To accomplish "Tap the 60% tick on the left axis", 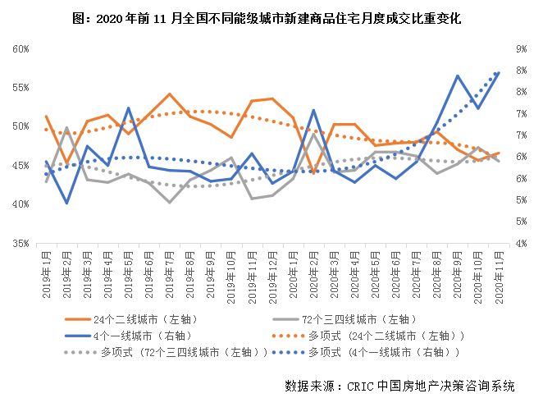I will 21,48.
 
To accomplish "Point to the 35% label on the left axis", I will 21,243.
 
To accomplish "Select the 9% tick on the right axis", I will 520,48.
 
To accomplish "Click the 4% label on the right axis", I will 520,243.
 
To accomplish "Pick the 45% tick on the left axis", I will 21,166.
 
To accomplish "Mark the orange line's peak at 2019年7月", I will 170,94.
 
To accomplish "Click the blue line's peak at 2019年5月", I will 129,108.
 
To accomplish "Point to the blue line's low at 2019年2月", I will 66,203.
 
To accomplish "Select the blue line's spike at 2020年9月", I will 458,75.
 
